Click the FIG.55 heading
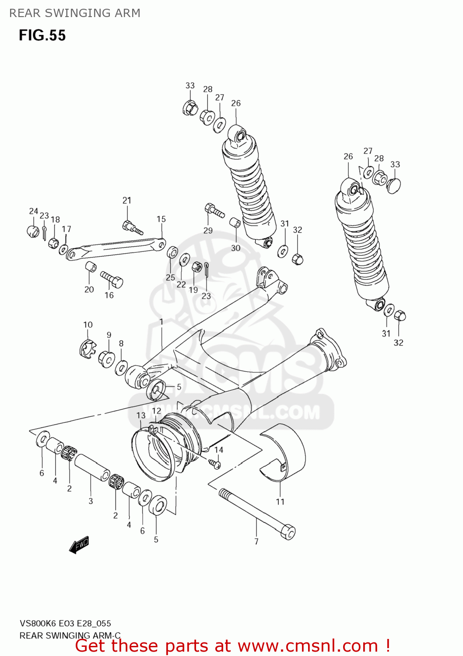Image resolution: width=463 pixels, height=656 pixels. [x=42, y=35]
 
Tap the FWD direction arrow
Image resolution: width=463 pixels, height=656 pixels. [x=79, y=545]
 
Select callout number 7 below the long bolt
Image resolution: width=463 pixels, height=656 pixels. [x=256, y=541]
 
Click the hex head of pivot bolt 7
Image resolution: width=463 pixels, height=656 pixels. [x=288, y=532]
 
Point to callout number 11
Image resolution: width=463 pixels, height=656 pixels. [x=280, y=502]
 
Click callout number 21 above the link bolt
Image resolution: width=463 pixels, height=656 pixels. [x=126, y=200]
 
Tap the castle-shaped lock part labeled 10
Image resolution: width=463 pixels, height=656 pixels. [x=88, y=349]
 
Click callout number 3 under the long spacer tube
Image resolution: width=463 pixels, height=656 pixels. [x=91, y=501]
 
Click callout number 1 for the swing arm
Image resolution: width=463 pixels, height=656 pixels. [x=161, y=322]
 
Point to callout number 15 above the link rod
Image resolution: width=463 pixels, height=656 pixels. [x=161, y=219]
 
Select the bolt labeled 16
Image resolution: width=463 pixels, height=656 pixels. [x=112, y=279]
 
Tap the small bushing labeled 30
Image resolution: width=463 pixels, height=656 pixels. [x=235, y=223]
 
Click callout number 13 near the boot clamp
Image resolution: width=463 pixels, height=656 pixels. [x=140, y=415]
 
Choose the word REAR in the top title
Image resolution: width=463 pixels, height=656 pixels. [x=25, y=13]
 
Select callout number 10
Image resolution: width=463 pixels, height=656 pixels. [x=88, y=325]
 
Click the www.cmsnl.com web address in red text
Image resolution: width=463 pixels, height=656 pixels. [x=308, y=646]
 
